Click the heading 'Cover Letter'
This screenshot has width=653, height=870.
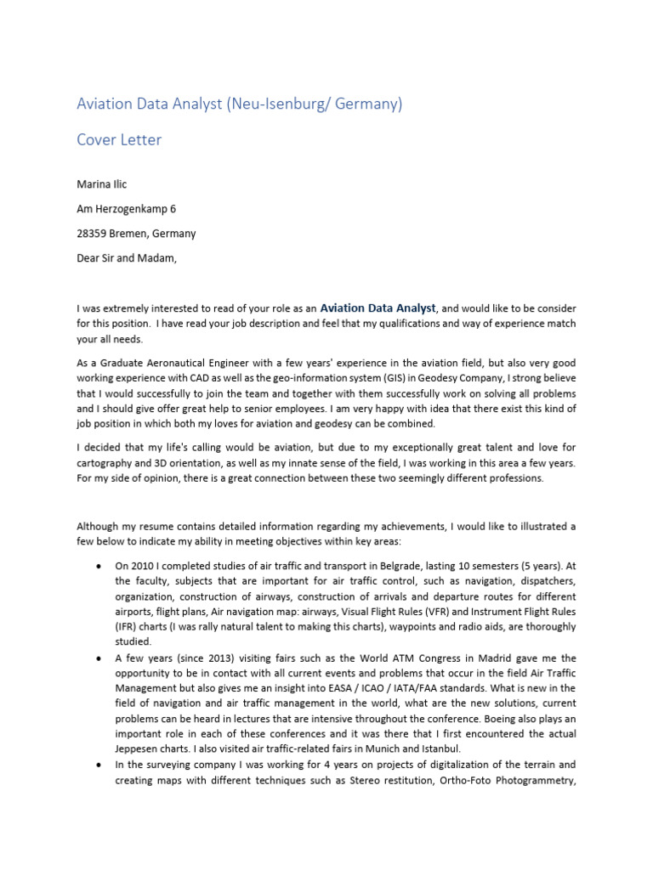click(119, 140)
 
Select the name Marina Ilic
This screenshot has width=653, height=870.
click(103, 183)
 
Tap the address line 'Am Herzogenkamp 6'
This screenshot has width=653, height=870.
click(127, 208)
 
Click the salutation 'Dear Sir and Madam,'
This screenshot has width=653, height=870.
click(128, 258)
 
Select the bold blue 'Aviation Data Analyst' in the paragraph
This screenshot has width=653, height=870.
click(378, 308)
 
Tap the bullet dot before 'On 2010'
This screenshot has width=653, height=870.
click(99, 566)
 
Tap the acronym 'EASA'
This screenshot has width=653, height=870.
click(395, 687)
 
